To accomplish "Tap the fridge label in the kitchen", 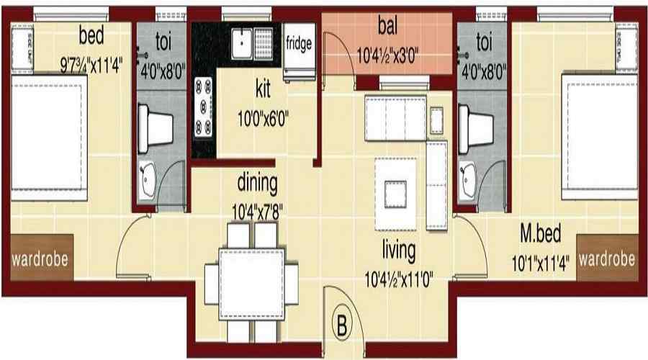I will point(298,43).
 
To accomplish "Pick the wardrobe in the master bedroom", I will point(607,258).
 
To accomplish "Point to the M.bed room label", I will point(541,235).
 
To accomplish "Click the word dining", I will point(257,184).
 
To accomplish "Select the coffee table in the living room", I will point(395,193).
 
